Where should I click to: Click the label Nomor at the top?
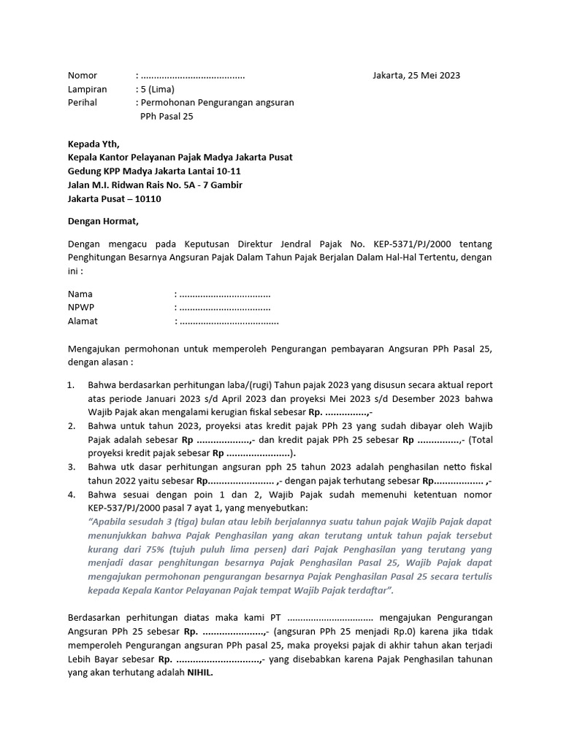(x=83, y=75)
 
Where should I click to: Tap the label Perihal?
(x=83, y=103)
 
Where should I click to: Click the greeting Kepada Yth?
(x=93, y=144)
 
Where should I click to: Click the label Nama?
(x=80, y=294)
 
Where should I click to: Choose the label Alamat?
(x=83, y=321)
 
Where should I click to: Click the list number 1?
(x=71, y=385)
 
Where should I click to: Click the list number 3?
(x=71, y=467)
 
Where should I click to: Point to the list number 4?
(x=71, y=495)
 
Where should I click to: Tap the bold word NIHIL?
(x=199, y=673)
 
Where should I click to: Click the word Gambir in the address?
(x=225, y=185)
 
